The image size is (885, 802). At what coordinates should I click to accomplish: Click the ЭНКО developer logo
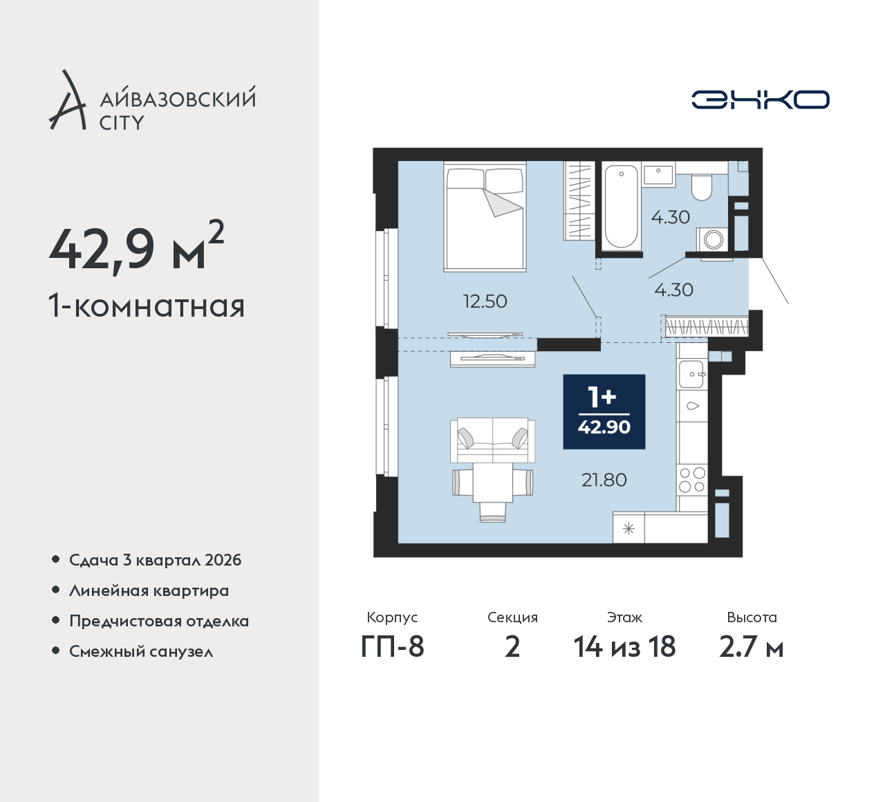tap(760, 100)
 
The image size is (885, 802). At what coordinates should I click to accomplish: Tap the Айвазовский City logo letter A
tap(67, 100)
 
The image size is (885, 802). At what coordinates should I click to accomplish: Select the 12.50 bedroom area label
tap(485, 301)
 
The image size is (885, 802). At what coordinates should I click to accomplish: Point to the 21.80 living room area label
tap(604, 480)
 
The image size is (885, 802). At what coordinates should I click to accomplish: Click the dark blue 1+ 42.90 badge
tap(604, 411)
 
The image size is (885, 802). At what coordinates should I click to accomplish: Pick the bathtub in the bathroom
tap(621, 207)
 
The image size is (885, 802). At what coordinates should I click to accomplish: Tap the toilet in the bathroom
tap(701, 188)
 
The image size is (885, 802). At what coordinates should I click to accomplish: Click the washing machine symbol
tap(713, 239)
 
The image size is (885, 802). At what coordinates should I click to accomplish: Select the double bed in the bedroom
tap(485, 216)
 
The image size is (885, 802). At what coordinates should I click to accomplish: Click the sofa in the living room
tap(492, 440)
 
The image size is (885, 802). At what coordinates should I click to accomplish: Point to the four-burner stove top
tap(692, 480)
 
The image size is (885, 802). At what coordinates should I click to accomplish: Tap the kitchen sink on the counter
tap(691, 374)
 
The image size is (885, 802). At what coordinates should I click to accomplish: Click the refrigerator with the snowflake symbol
tap(628, 528)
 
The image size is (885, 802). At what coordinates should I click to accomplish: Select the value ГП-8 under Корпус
tap(392, 647)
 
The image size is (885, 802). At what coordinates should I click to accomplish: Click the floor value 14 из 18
tap(624, 647)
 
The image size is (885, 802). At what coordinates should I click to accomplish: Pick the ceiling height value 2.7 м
tap(751, 647)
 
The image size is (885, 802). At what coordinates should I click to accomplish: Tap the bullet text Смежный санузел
tap(141, 652)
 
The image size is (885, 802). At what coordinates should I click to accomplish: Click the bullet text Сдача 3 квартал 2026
tap(156, 561)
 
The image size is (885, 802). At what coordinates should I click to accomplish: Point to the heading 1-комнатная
tap(147, 306)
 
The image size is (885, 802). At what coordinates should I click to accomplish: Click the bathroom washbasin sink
tap(659, 174)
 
